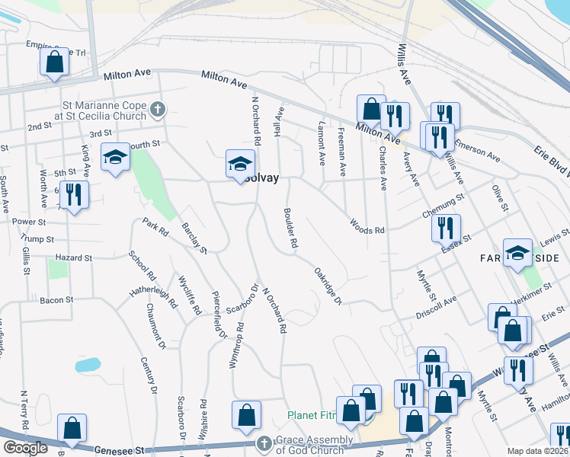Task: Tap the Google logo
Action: [25, 448]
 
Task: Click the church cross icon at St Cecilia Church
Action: [158, 110]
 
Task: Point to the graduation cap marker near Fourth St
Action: [115, 157]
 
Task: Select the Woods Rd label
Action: [367, 226]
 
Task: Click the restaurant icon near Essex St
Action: [446, 227]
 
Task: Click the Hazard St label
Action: [73, 258]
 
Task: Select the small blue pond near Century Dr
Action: [88, 364]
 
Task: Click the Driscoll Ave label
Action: [435, 301]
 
